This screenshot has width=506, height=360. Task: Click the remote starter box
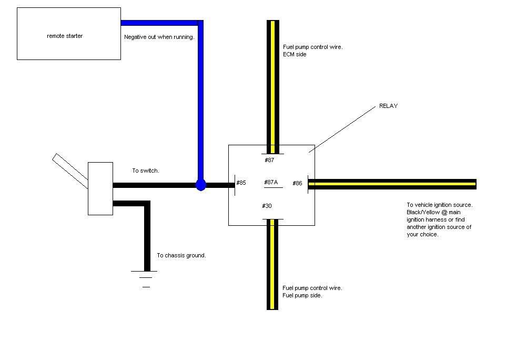click(69, 34)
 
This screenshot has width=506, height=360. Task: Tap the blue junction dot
click(200, 185)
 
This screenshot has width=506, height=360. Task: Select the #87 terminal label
click(269, 160)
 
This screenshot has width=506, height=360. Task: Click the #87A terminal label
click(271, 183)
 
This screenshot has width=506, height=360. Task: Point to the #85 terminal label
click(241, 183)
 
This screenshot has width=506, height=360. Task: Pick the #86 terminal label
click(297, 183)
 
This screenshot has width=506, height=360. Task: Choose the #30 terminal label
click(267, 206)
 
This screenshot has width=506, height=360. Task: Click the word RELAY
click(388, 106)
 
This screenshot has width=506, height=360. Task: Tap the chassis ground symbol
click(146, 278)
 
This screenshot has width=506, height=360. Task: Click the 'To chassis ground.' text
click(181, 255)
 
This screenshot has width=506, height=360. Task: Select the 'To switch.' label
click(145, 171)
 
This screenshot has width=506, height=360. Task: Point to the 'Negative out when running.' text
click(159, 37)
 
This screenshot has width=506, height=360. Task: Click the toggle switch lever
click(70, 169)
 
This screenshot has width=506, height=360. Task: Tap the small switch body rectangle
click(100, 188)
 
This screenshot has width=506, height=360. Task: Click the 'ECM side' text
click(294, 54)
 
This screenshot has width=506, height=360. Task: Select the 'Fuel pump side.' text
click(302, 295)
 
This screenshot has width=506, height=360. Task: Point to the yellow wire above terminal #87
click(272, 84)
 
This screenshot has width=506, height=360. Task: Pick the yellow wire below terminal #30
click(272, 263)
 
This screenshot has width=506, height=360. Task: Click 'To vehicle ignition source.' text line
click(439, 205)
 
